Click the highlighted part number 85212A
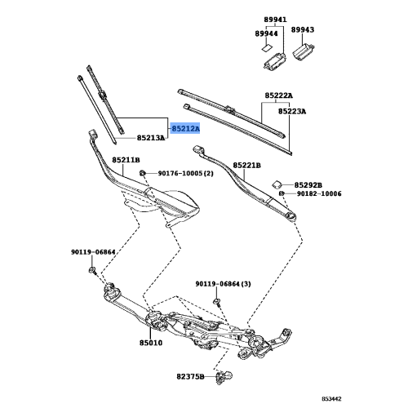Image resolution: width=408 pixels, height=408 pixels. (184, 127)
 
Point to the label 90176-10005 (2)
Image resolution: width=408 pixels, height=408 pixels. (185, 174)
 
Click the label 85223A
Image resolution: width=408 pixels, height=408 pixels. (290, 111)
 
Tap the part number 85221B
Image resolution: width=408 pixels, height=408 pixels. (245, 165)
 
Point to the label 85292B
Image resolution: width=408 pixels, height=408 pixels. (308, 185)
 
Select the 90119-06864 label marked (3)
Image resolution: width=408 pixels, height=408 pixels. (223, 283)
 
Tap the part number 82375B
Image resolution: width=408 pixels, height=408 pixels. (191, 377)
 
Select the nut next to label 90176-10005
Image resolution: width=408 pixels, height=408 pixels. (143, 174)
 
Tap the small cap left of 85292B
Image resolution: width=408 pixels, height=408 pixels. (277, 183)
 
